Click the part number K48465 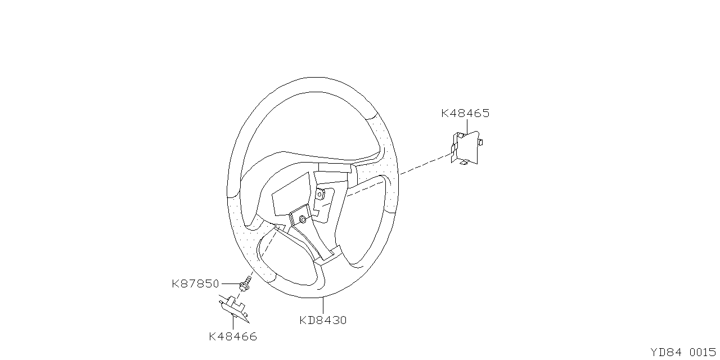465,113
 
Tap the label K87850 195,284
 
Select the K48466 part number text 233,336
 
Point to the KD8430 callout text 323,320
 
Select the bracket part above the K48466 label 234,309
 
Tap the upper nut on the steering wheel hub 319,194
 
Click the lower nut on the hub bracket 303,219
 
